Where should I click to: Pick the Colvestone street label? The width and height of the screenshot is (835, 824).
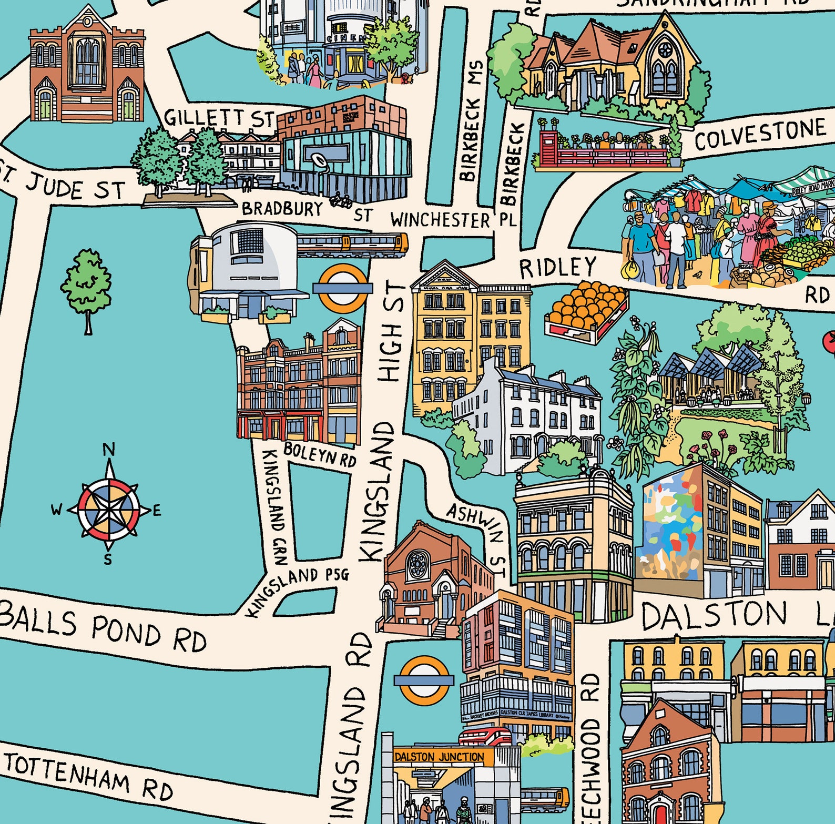coord(759,134)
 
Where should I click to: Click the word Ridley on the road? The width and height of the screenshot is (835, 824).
coord(558,267)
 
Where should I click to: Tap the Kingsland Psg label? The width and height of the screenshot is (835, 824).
coord(297,589)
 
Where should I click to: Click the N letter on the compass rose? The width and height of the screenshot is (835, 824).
coord(108,450)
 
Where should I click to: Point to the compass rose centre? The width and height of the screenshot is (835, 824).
coord(109,509)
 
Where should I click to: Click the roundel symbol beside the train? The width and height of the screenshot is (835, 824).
coord(343,288)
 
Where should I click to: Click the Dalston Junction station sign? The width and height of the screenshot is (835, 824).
coord(439,757)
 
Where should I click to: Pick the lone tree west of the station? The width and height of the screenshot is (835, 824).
coord(87,290)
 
